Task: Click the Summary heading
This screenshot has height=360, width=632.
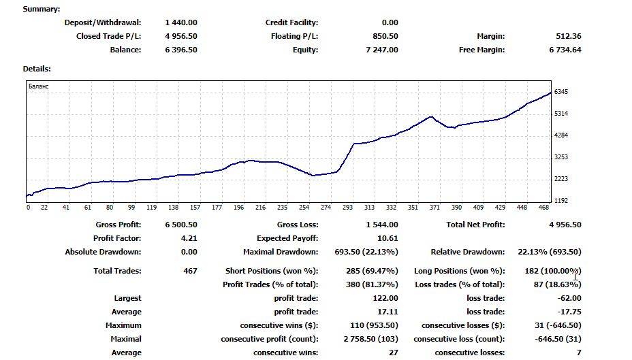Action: (x=42, y=9)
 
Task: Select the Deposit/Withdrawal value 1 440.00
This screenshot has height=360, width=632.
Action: (x=181, y=22)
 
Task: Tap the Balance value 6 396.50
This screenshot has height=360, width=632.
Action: (x=181, y=50)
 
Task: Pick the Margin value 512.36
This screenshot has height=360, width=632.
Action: (x=569, y=36)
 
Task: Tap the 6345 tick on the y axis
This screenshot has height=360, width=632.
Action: (x=561, y=92)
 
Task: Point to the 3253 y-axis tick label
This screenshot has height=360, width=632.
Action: (x=561, y=157)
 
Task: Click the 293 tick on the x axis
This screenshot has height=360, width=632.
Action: (x=348, y=208)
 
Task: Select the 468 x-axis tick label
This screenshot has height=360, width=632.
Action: (x=543, y=208)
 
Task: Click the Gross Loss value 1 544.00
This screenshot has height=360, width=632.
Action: (x=382, y=225)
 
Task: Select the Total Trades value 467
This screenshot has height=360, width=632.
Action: (x=190, y=271)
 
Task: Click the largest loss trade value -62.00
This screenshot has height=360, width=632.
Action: (x=569, y=298)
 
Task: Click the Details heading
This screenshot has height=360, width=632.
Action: (x=37, y=69)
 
